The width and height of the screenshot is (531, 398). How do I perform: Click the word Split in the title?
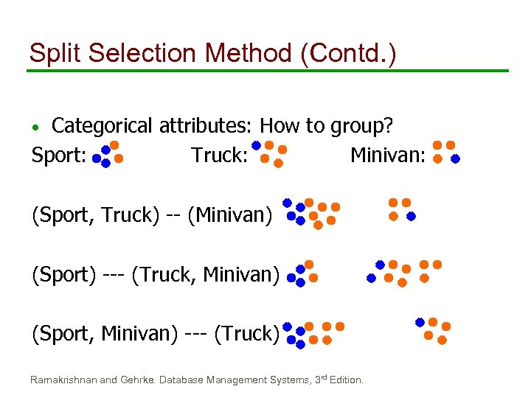tap(54, 53)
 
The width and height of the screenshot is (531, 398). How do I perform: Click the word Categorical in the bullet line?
tap(103, 126)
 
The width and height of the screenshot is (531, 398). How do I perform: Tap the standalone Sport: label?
tap(59, 156)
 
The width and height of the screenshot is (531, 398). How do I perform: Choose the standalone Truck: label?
tap(218, 156)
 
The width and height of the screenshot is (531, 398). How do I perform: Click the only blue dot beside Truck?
tap(256, 145)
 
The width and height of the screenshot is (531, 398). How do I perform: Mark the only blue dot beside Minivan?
tap(455, 158)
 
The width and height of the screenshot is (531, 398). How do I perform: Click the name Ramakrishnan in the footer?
tap(63, 380)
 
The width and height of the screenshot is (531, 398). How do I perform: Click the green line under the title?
tap(267, 71)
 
